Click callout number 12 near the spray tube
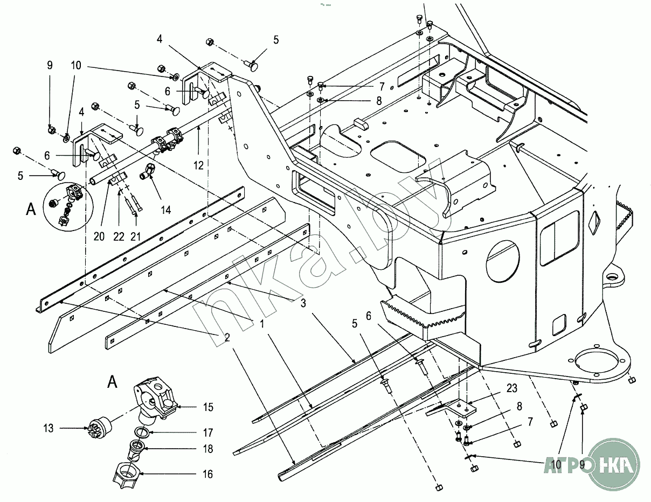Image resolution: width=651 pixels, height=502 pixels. (x=199, y=165)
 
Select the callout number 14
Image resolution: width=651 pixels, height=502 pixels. (x=166, y=209)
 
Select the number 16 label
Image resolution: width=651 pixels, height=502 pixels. (x=207, y=475)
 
